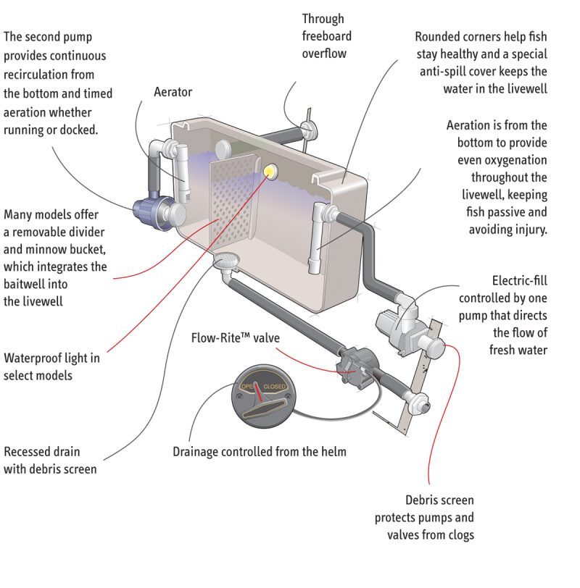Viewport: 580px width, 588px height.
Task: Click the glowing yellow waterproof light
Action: (272, 171)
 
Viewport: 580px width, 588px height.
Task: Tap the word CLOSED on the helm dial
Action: (275, 387)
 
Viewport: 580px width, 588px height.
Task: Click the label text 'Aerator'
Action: (174, 92)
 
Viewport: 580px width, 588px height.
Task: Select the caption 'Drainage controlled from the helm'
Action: (259, 452)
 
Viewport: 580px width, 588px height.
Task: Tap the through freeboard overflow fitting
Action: (308, 131)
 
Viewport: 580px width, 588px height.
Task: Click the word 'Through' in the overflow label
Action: (323, 19)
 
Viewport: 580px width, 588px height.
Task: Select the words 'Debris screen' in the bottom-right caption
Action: (439, 500)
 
